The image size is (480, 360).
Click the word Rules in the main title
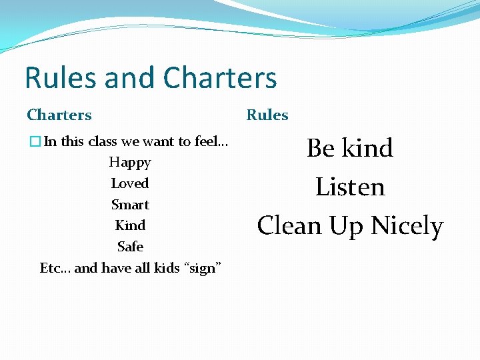tap(61, 78)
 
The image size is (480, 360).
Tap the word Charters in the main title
tap(220, 78)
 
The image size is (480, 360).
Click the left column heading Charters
tap(59, 115)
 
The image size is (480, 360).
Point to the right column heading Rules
tap(267, 115)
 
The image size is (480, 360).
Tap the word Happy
tap(130, 163)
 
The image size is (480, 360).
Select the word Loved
tap(130, 183)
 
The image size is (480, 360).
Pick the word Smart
tap(130, 205)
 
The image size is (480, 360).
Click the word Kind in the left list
tap(130, 225)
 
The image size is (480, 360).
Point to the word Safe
tap(130, 247)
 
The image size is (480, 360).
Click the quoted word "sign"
tap(203, 269)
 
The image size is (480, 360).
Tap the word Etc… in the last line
tap(55, 268)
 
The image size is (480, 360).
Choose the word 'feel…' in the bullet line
tap(211, 141)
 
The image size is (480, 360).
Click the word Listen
tap(350, 187)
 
